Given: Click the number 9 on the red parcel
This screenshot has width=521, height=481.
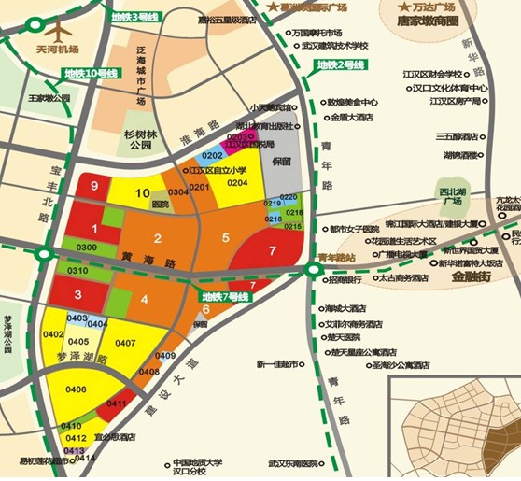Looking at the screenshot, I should [93, 186].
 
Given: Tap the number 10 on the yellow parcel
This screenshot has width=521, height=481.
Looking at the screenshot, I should [142, 193].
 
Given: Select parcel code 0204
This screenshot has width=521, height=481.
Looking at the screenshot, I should [237, 183].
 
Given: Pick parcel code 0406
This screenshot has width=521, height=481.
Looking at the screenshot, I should [77, 389].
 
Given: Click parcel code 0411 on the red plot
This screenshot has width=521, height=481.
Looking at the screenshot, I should [117, 403].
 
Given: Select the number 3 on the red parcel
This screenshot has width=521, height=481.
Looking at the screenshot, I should [79, 294].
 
